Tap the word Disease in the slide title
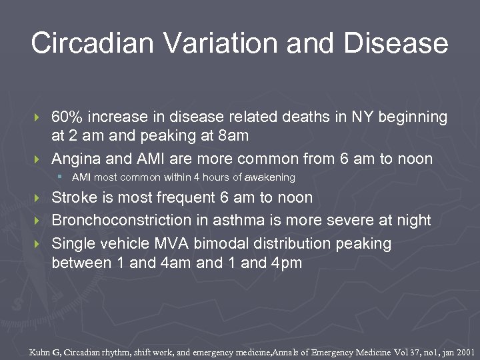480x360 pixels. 396,43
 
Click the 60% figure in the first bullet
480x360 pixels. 67,117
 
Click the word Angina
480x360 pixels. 75,159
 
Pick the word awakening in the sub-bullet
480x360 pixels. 270,178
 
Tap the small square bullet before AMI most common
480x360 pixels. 60,177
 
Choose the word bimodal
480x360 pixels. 223,243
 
